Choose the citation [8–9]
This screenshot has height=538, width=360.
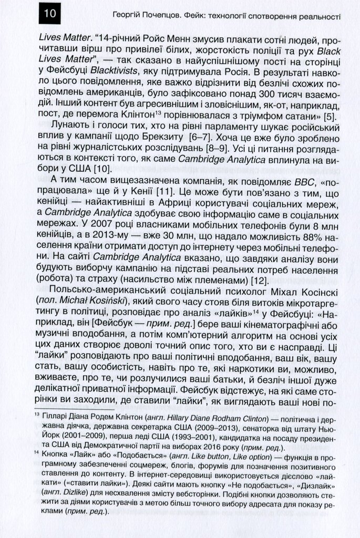pyautogui.click(x=233, y=149)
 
